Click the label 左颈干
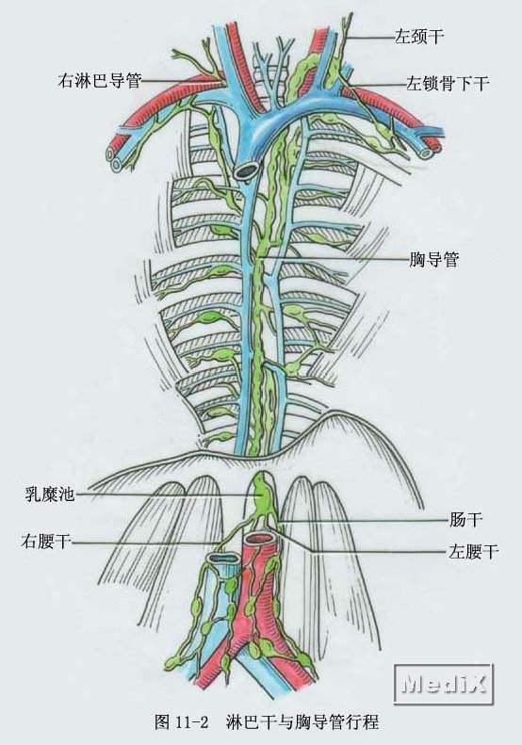tap(419, 36)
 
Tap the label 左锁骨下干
tap(448, 84)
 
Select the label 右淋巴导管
tap(100, 80)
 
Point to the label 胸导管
tap(434, 259)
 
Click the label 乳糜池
tap(50, 494)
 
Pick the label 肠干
tap(465, 519)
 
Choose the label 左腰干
tap(474, 552)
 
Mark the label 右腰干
tap(46, 542)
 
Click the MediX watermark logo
tap(443, 684)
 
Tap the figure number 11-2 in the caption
tap(192, 722)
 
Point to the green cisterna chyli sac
tap(260, 495)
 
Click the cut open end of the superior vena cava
tap(248, 170)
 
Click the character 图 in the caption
tap(163, 722)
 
